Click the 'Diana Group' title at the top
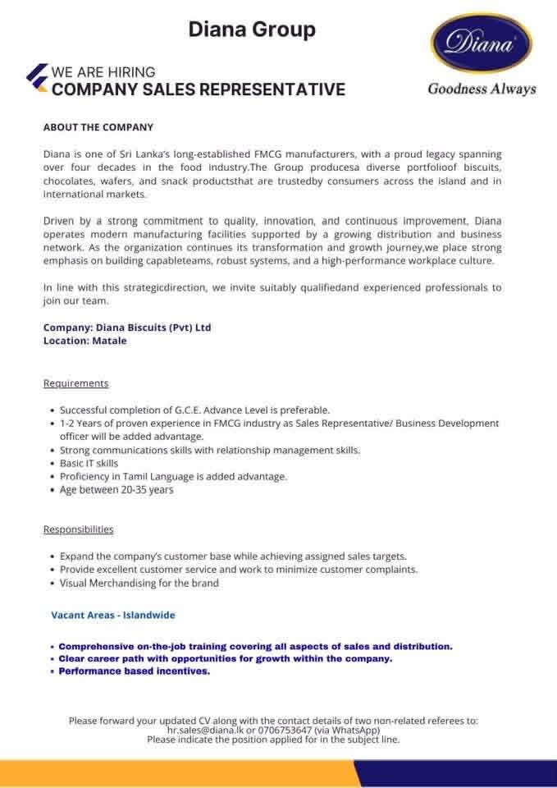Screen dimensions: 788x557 (x=252, y=30)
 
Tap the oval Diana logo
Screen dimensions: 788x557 (x=482, y=46)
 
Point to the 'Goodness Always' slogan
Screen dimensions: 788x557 (x=482, y=89)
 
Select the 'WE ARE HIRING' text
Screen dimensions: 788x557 (x=103, y=72)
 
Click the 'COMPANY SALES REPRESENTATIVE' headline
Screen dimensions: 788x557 (x=198, y=89)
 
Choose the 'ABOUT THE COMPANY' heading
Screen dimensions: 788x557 (x=98, y=127)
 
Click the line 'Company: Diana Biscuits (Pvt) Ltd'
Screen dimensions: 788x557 (x=127, y=328)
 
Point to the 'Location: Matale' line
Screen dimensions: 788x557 (x=85, y=340)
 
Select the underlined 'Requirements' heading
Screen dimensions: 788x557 (x=75, y=383)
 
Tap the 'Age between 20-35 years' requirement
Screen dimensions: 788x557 (x=116, y=490)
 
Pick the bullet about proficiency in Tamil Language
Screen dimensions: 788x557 (x=173, y=477)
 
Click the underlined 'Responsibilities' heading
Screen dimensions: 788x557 (x=79, y=529)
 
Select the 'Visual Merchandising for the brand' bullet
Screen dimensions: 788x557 (x=139, y=583)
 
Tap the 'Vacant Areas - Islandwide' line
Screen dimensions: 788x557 (x=113, y=614)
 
